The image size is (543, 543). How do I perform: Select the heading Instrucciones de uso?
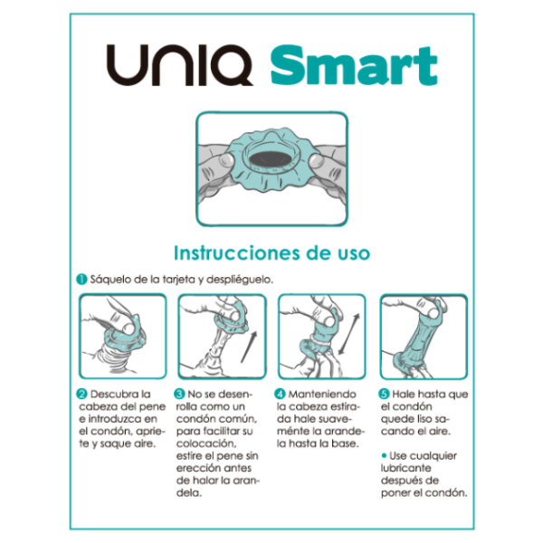coord(271,252)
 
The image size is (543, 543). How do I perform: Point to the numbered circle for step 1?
coord(81,280)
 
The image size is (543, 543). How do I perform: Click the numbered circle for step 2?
coord(81,395)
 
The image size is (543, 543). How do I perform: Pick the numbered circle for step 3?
coord(180,395)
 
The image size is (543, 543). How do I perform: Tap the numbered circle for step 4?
coord(281,395)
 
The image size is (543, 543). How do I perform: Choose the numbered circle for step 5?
coord(384,395)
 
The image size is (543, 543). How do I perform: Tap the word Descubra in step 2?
coord(114,395)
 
